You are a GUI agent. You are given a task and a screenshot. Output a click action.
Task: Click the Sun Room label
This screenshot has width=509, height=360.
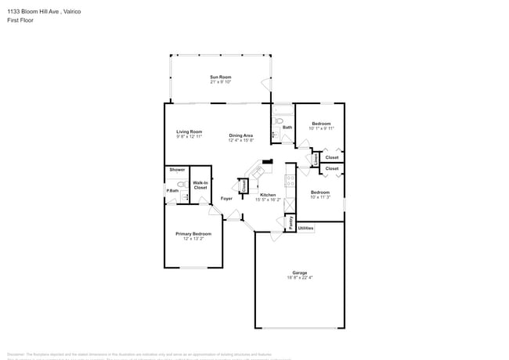coord(220,77)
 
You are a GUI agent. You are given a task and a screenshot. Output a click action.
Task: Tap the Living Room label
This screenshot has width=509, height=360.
coord(189,131)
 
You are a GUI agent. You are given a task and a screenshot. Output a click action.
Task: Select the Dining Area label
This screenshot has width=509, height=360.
coord(241,135)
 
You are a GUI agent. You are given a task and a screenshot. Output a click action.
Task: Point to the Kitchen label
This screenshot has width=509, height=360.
coord(268,195)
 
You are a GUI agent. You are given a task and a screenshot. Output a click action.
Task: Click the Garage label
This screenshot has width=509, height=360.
coord(300,272)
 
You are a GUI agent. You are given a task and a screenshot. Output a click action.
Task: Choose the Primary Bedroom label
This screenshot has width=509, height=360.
coord(193,234)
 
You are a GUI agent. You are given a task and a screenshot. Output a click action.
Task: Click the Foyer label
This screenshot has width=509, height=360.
coord(226,199)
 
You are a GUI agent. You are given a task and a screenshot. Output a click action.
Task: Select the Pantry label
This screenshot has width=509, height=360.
coord(291,223)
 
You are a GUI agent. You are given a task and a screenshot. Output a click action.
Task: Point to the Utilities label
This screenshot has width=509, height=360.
coord(305,229)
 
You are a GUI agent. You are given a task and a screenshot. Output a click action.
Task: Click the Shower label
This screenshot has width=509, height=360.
coord(177,170)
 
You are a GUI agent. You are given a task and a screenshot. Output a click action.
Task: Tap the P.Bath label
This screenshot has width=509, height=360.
coord(171,191)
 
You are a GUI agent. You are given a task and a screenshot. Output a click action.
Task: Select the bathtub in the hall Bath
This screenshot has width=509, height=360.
coord(281,110)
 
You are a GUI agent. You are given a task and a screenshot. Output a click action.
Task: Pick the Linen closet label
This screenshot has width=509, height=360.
coord(315,158)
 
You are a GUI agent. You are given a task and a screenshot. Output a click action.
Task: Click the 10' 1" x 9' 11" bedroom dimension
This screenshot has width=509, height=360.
coord(321,129)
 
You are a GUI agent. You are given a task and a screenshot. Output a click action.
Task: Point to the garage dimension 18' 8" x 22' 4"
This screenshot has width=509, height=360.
coord(300,277)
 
